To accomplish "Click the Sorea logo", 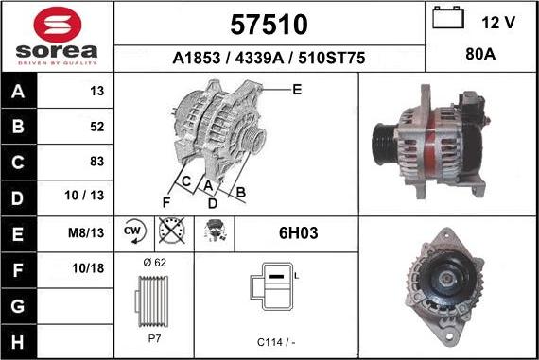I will pyautogui.click(x=57, y=36).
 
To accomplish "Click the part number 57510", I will pyautogui.click(x=269, y=23).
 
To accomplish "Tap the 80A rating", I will pyautogui.click(x=481, y=56).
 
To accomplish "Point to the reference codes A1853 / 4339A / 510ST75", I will pyautogui.click(x=269, y=57).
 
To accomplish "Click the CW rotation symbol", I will pyautogui.click(x=133, y=231).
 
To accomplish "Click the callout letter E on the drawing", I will pyautogui.click(x=296, y=90).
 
